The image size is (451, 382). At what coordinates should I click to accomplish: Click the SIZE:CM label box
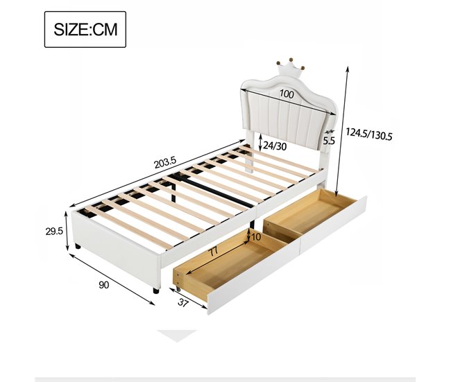coord(85,30)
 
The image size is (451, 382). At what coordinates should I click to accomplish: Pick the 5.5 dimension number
coord(329,140)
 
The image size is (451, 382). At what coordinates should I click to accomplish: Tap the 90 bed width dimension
coord(105,284)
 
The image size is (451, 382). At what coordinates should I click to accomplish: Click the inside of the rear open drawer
coord(309,215)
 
